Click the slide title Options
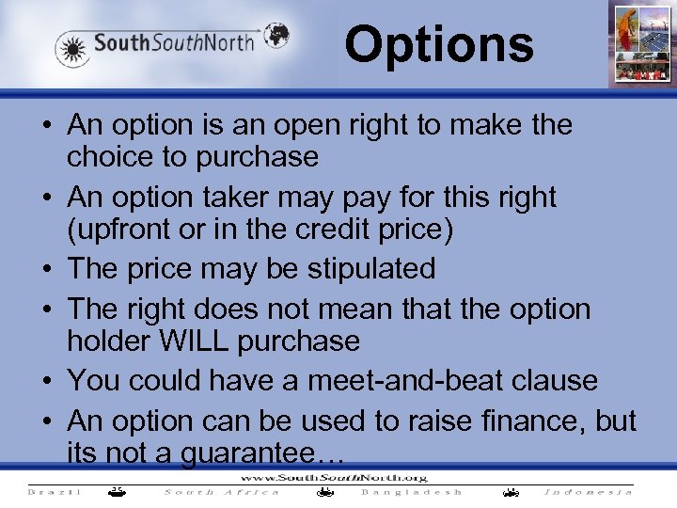pos(438,44)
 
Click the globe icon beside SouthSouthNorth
pos(276,36)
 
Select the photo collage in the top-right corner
pos(639,43)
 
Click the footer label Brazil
pos(54,491)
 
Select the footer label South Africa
pos(222,491)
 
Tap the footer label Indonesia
pos(589,491)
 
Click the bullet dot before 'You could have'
pos(46,381)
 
